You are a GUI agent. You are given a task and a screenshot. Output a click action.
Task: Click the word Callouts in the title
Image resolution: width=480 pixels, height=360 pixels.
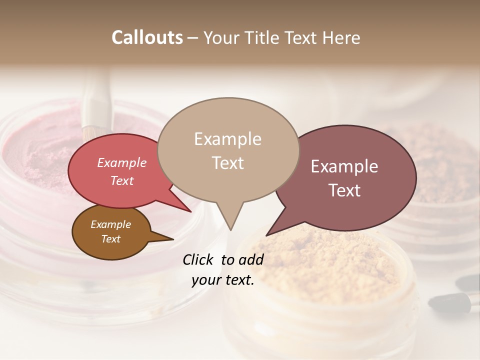[x=147, y=37]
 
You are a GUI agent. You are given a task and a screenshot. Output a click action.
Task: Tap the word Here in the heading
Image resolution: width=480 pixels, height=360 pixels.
[x=341, y=37]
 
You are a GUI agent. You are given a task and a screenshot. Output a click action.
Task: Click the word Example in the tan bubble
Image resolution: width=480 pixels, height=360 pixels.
[x=227, y=139]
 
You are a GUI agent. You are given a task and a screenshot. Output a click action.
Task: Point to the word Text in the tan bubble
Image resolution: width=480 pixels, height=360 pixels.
[x=227, y=163]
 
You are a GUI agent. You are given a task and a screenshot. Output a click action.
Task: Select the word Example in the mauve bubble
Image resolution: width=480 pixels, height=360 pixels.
[x=344, y=166]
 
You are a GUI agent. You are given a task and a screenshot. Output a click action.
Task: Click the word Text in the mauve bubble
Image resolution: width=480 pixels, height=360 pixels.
[x=344, y=190]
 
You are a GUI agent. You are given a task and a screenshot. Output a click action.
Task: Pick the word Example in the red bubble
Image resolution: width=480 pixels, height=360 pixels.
[x=122, y=162]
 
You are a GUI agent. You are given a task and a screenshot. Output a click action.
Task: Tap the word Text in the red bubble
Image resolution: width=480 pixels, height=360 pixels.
[x=122, y=180]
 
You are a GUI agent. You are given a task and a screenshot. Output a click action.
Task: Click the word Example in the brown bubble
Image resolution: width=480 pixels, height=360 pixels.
[x=111, y=224]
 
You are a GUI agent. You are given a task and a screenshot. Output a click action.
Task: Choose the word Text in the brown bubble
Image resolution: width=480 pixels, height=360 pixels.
[x=111, y=239]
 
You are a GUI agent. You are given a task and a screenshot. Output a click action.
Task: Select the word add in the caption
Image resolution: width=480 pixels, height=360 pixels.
[x=251, y=259]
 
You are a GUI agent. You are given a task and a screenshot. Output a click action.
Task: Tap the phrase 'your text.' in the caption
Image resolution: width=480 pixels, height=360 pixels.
[x=222, y=280]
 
